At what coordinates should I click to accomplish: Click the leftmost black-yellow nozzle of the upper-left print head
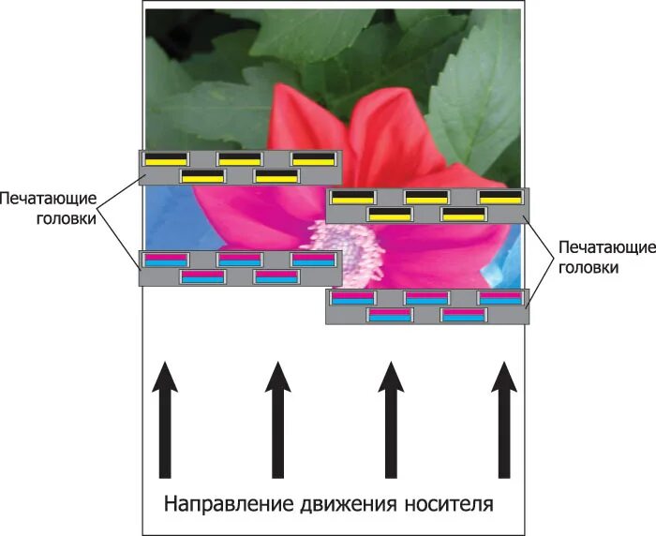point(166,158)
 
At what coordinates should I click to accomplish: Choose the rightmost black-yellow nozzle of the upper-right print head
point(500,197)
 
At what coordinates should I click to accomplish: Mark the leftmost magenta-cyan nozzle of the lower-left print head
point(166,260)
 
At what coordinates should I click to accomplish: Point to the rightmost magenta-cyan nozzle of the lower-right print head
point(500,297)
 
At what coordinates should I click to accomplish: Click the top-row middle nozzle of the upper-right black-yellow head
point(426,197)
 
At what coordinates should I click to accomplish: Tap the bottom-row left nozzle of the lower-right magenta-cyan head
point(389,315)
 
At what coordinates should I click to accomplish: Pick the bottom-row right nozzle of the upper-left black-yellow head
point(276,175)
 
